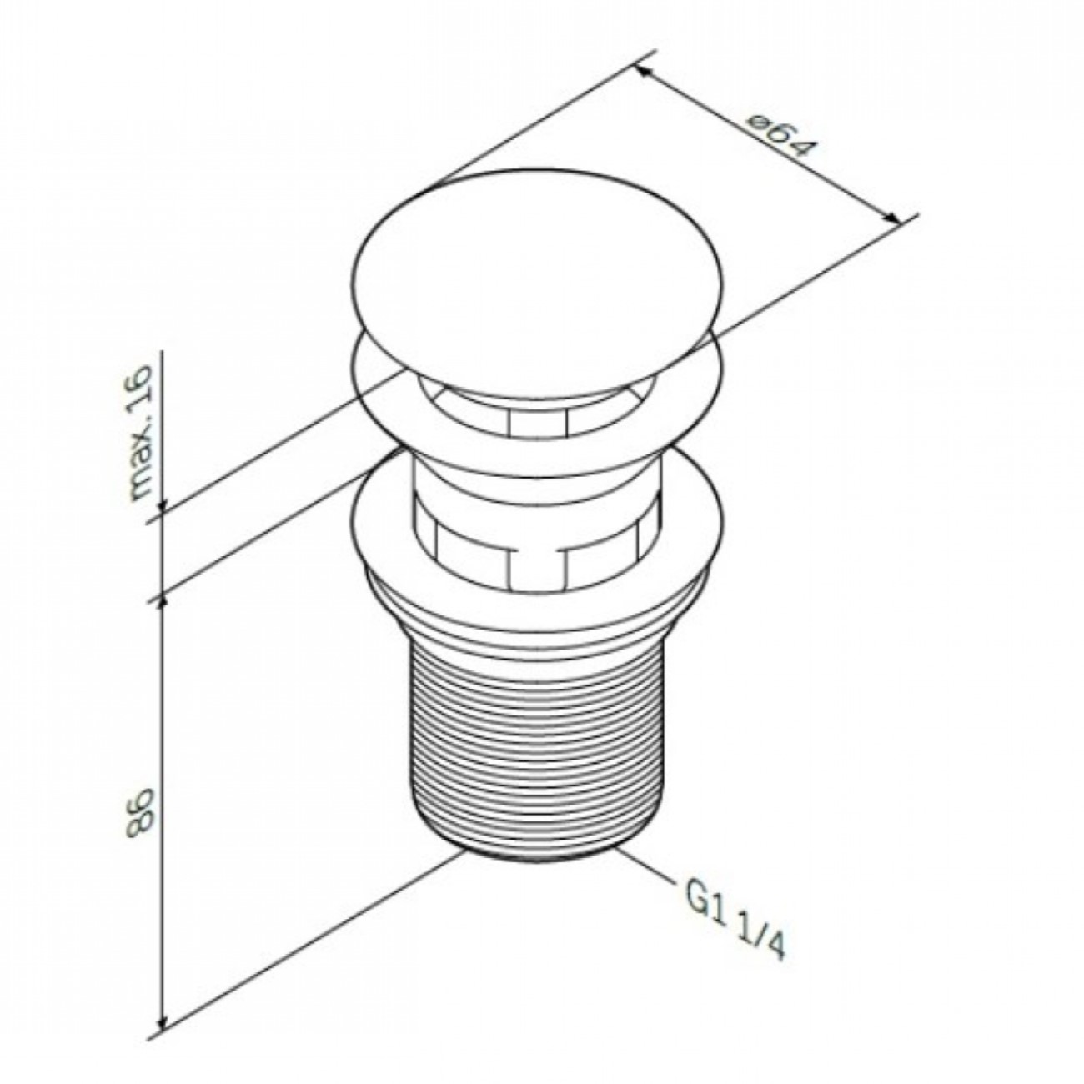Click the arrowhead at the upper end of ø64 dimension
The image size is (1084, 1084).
(x=642, y=72)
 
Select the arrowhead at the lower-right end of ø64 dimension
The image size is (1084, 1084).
(x=891, y=218)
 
